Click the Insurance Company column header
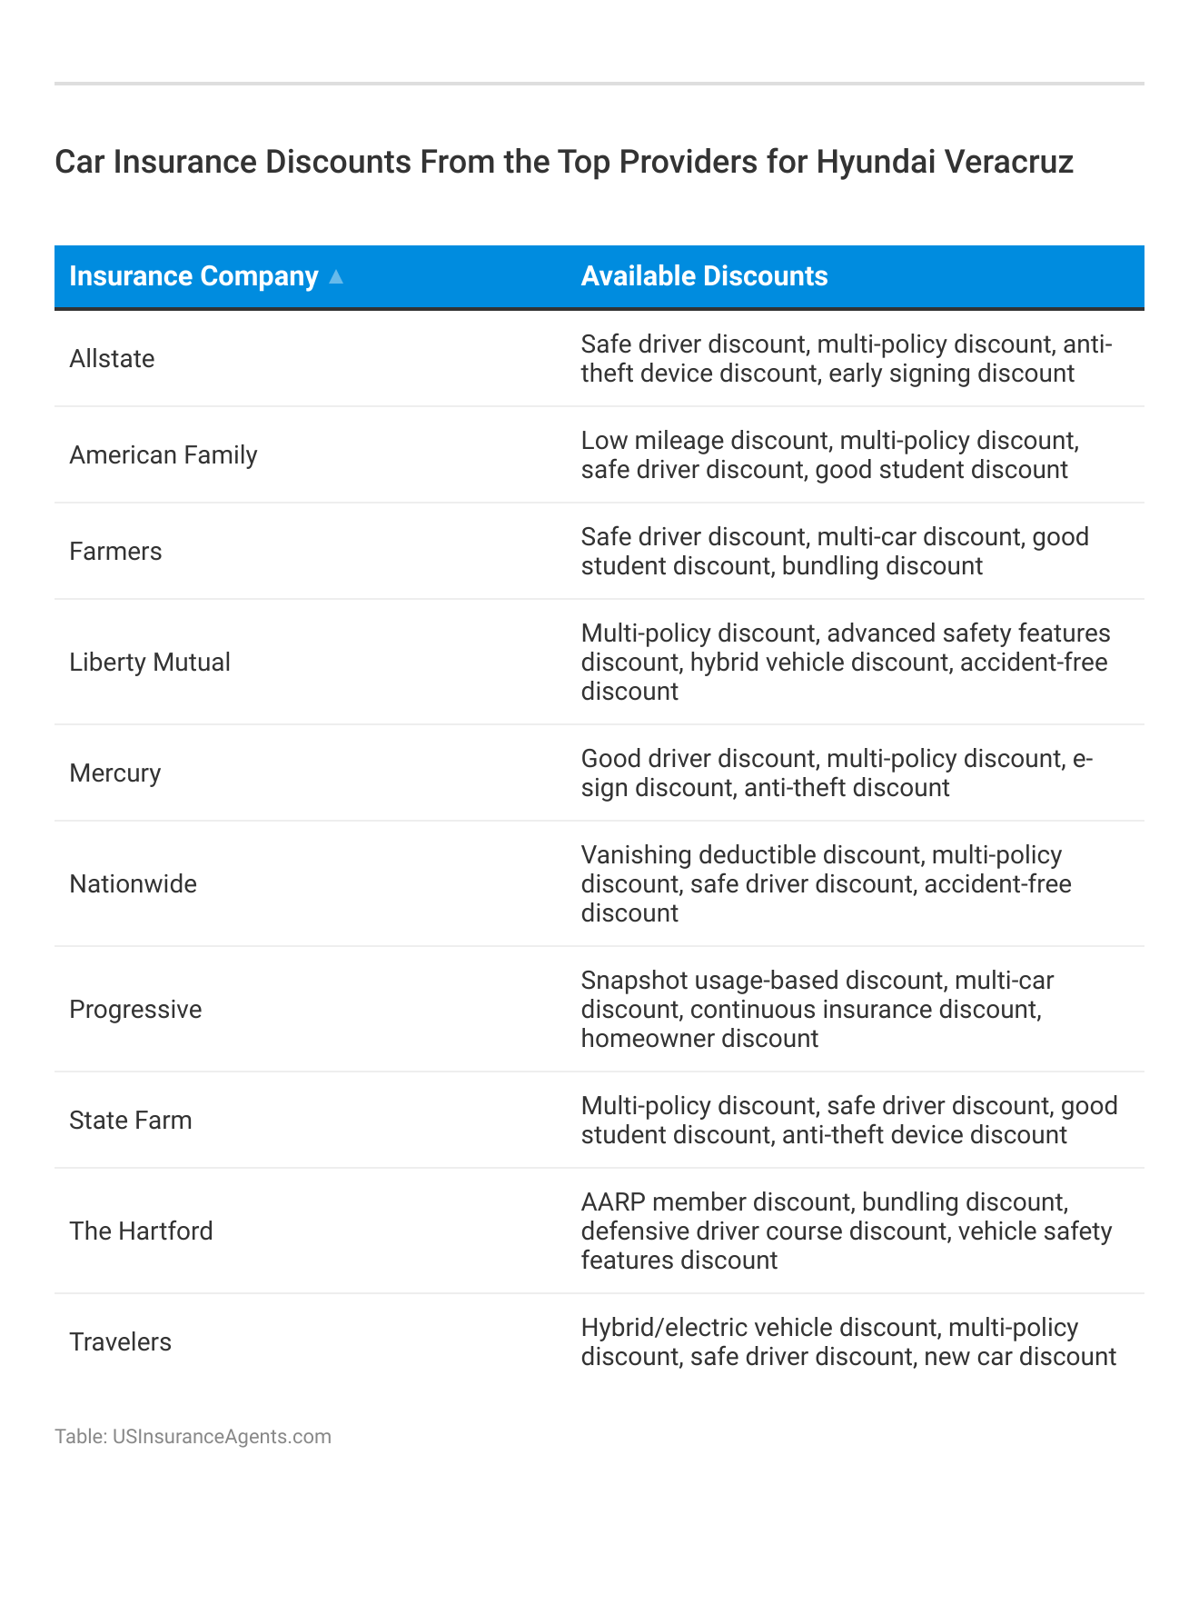(x=193, y=276)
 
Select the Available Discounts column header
(x=704, y=276)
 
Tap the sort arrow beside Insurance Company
(x=336, y=277)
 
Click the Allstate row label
(x=112, y=359)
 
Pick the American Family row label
(x=163, y=455)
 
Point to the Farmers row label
(x=115, y=552)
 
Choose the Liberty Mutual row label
(x=150, y=663)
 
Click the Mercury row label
(x=114, y=773)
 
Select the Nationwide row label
(x=133, y=884)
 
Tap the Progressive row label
(x=135, y=1010)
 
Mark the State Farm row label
(x=131, y=1121)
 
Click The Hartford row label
(x=141, y=1231)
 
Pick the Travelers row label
(x=120, y=1342)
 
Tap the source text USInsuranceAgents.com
(x=222, y=1437)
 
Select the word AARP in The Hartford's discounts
(x=613, y=1202)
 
